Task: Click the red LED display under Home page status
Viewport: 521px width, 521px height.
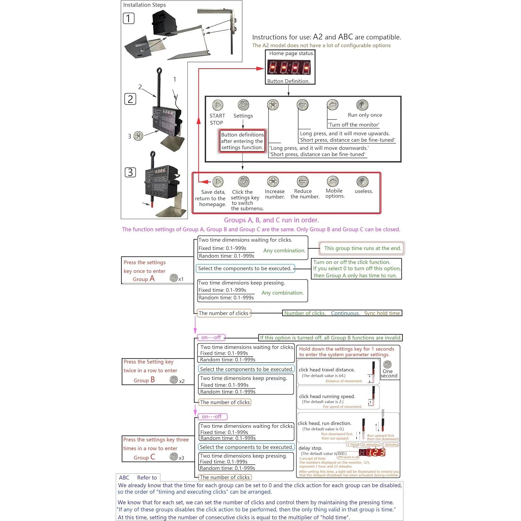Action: pyautogui.click(x=289, y=67)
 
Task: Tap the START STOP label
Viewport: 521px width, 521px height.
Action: pyautogui.click(x=217, y=119)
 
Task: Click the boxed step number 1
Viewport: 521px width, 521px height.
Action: pyautogui.click(x=129, y=18)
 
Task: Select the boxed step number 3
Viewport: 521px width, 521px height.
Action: pyautogui.click(x=130, y=172)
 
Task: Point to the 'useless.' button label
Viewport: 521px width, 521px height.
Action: pyautogui.click(x=364, y=191)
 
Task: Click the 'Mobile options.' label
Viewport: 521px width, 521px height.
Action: pyautogui.click(x=335, y=193)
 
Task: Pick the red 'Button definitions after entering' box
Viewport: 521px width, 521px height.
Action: pyautogui.click(x=242, y=141)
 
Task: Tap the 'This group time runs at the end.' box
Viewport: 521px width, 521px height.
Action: pyautogui.click(x=362, y=248)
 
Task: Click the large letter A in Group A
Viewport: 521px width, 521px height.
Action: pyautogui.click(x=152, y=279)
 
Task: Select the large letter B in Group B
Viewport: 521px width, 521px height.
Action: pyautogui.click(x=153, y=380)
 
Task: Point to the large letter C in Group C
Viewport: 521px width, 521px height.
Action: pyautogui.click(x=153, y=457)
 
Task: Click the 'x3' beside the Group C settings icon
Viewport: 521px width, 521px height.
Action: pyautogui.click(x=181, y=458)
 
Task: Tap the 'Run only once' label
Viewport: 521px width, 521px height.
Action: pyautogui.click(x=365, y=115)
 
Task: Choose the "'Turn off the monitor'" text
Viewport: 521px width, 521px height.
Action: pyautogui.click(x=353, y=125)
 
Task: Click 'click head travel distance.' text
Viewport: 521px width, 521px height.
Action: pyautogui.click(x=327, y=370)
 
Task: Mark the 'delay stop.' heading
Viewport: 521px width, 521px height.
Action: pyautogui.click(x=310, y=448)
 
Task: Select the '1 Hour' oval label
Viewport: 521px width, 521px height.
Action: pyautogui.click(x=353, y=444)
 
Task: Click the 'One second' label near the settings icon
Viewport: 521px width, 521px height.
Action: pyautogui.click(x=388, y=374)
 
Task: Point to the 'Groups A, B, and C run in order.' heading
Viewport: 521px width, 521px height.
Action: pyautogui.click(x=271, y=220)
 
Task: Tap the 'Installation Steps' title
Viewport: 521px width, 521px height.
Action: pyautogui.click(x=144, y=5)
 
